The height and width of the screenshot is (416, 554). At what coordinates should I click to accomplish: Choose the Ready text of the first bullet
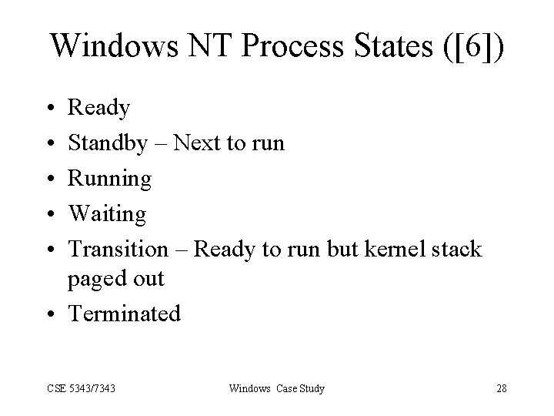pyautogui.click(x=99, y=109)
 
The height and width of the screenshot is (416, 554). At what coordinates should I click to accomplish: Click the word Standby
pyautogui.click(x=107, y=143)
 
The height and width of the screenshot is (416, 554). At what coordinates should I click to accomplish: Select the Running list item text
pyautogui.click(x=110, y=179)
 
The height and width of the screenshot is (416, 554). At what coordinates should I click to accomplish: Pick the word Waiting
pyautogui.click(x=107, y=214)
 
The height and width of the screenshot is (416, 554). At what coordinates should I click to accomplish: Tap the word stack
pyautogui.click(x=459, y=250)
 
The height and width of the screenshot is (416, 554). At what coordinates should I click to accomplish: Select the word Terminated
pyautogui.click(x=125, y=314)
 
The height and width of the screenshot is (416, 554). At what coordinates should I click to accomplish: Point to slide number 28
pyautogui.click(x=501, y=388)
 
